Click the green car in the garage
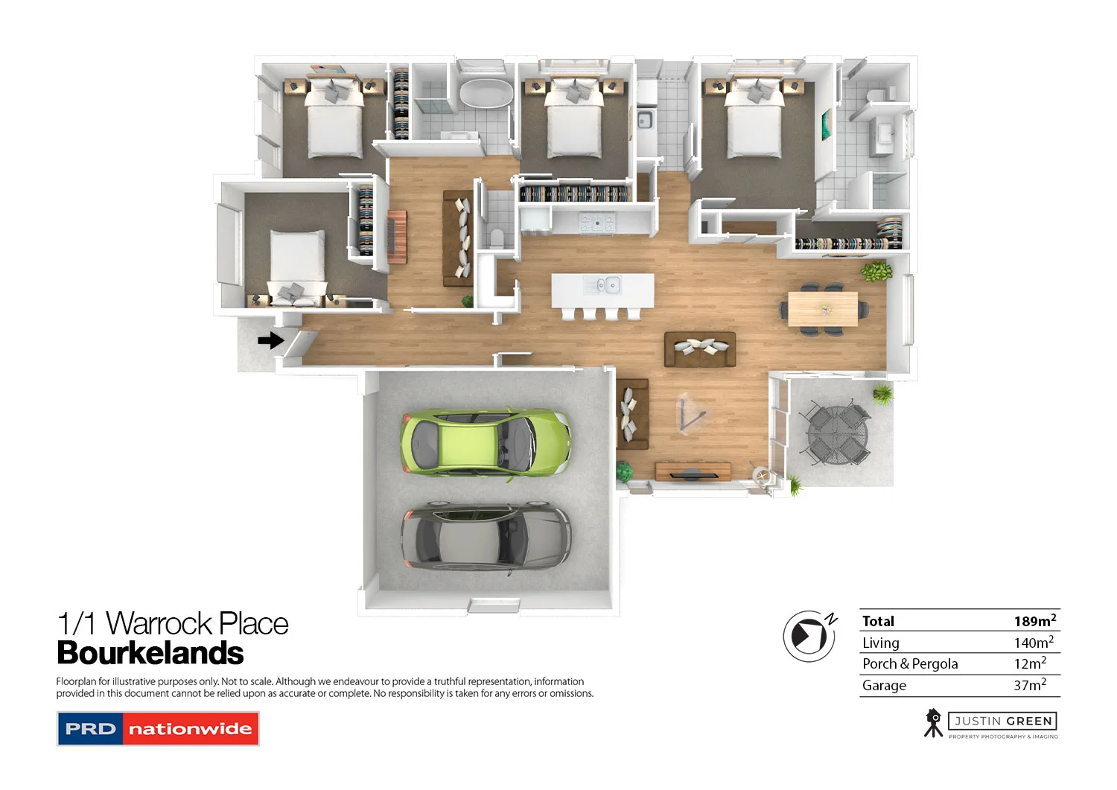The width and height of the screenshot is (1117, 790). [486, 444]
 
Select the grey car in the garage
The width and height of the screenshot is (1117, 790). [486, 538]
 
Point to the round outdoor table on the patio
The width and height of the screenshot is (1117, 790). [838, 435]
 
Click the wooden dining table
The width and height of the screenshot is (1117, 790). [823, 309]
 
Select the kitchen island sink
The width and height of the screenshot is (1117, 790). [604, 284]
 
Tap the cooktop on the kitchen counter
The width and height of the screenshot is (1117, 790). [597, 220]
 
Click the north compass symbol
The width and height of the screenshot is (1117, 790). [809, 636]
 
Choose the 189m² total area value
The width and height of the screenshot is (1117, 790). [1034, 621]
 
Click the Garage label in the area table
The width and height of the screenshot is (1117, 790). [884, 686]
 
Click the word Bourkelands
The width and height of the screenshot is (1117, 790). [150, 653]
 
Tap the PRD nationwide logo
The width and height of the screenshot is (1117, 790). [158, 729]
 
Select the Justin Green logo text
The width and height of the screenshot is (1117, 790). [1002, 721]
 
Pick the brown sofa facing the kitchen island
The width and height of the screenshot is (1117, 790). [700, 349]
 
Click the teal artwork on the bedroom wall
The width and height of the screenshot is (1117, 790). [826, 124]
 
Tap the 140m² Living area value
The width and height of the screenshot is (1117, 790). [1033, 643]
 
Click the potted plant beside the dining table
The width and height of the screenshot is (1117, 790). [876, 271]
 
